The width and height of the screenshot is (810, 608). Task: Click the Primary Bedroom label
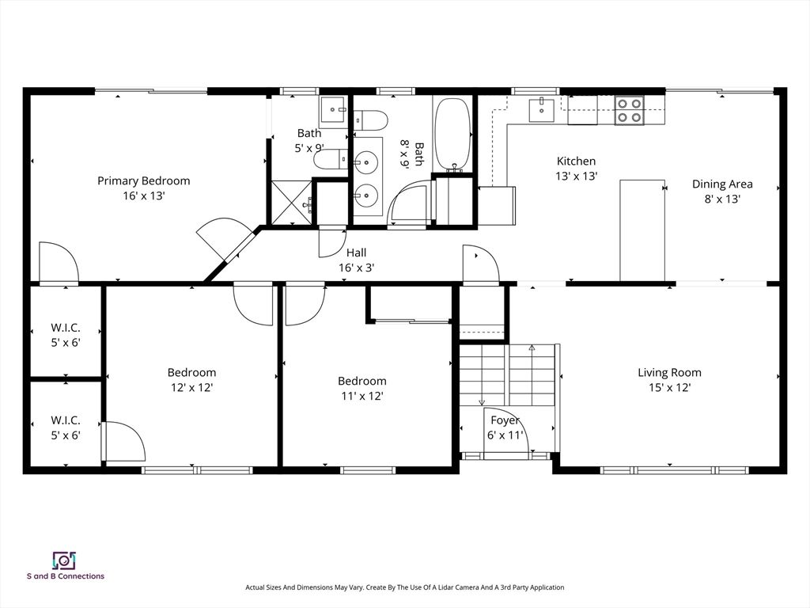pos(143,180)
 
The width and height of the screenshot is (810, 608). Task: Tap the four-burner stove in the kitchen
pos(629,110)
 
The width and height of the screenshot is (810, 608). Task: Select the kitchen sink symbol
pos(541,110)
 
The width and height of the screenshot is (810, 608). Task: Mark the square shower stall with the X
pos(290,202)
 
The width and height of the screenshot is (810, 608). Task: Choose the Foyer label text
pos(505,420)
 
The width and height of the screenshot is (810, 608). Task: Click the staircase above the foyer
pos(508,375)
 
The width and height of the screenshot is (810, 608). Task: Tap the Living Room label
pos(669,372)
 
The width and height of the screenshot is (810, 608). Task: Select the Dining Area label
pos(721,184)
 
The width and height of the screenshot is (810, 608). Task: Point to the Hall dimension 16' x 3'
pos(356,268)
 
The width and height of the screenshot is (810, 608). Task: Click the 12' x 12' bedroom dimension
pos(191,387)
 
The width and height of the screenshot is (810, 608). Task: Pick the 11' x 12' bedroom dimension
pos(361,396)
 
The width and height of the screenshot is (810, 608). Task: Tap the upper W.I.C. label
pos(66,328)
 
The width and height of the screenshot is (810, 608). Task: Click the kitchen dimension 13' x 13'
pos(575,176)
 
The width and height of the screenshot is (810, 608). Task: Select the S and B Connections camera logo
pos(63,560)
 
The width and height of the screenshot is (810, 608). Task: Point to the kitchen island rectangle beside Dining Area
pos(642,230)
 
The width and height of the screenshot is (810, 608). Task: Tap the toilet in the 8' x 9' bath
pos(371,120)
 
